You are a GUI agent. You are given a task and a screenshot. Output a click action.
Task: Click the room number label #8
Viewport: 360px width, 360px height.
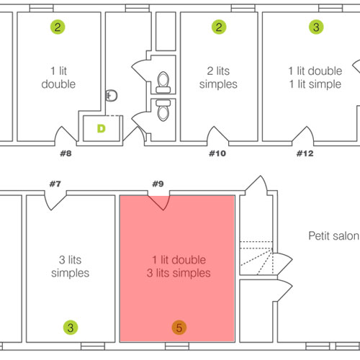pos(66,153)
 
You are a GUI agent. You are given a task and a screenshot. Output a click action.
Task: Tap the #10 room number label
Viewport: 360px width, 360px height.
pos(217,153)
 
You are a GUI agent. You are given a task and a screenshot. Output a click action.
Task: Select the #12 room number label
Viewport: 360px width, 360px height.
pos(305,153)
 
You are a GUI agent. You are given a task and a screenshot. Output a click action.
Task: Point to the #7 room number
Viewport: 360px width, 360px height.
pos(55,184)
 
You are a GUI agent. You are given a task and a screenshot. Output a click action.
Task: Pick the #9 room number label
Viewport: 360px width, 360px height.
pos(158,184)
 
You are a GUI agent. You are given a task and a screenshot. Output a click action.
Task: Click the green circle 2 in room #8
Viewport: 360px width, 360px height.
pos(58,27)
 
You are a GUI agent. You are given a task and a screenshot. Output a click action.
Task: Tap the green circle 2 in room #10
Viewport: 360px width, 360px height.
pos(219,27)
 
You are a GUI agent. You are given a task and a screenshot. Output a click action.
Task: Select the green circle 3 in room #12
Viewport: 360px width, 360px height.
pos(316,27)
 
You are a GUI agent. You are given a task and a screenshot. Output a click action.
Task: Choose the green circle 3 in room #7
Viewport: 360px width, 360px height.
pos(71,328)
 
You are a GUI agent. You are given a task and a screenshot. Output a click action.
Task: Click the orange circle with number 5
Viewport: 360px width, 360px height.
pos(179,328)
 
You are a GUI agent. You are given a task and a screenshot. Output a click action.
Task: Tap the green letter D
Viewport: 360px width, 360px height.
pos(102,129)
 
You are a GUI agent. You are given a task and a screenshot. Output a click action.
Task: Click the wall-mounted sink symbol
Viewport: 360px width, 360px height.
pos(112,96)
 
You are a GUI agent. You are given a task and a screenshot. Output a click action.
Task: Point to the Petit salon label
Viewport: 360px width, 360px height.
pos(333,236)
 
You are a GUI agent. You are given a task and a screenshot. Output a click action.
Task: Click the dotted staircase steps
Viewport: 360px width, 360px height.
pos(256,258)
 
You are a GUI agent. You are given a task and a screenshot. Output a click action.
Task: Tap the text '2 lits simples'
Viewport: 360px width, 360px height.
pos(218,78)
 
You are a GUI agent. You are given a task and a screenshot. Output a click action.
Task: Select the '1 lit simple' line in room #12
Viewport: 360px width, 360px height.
pos(315,84)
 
